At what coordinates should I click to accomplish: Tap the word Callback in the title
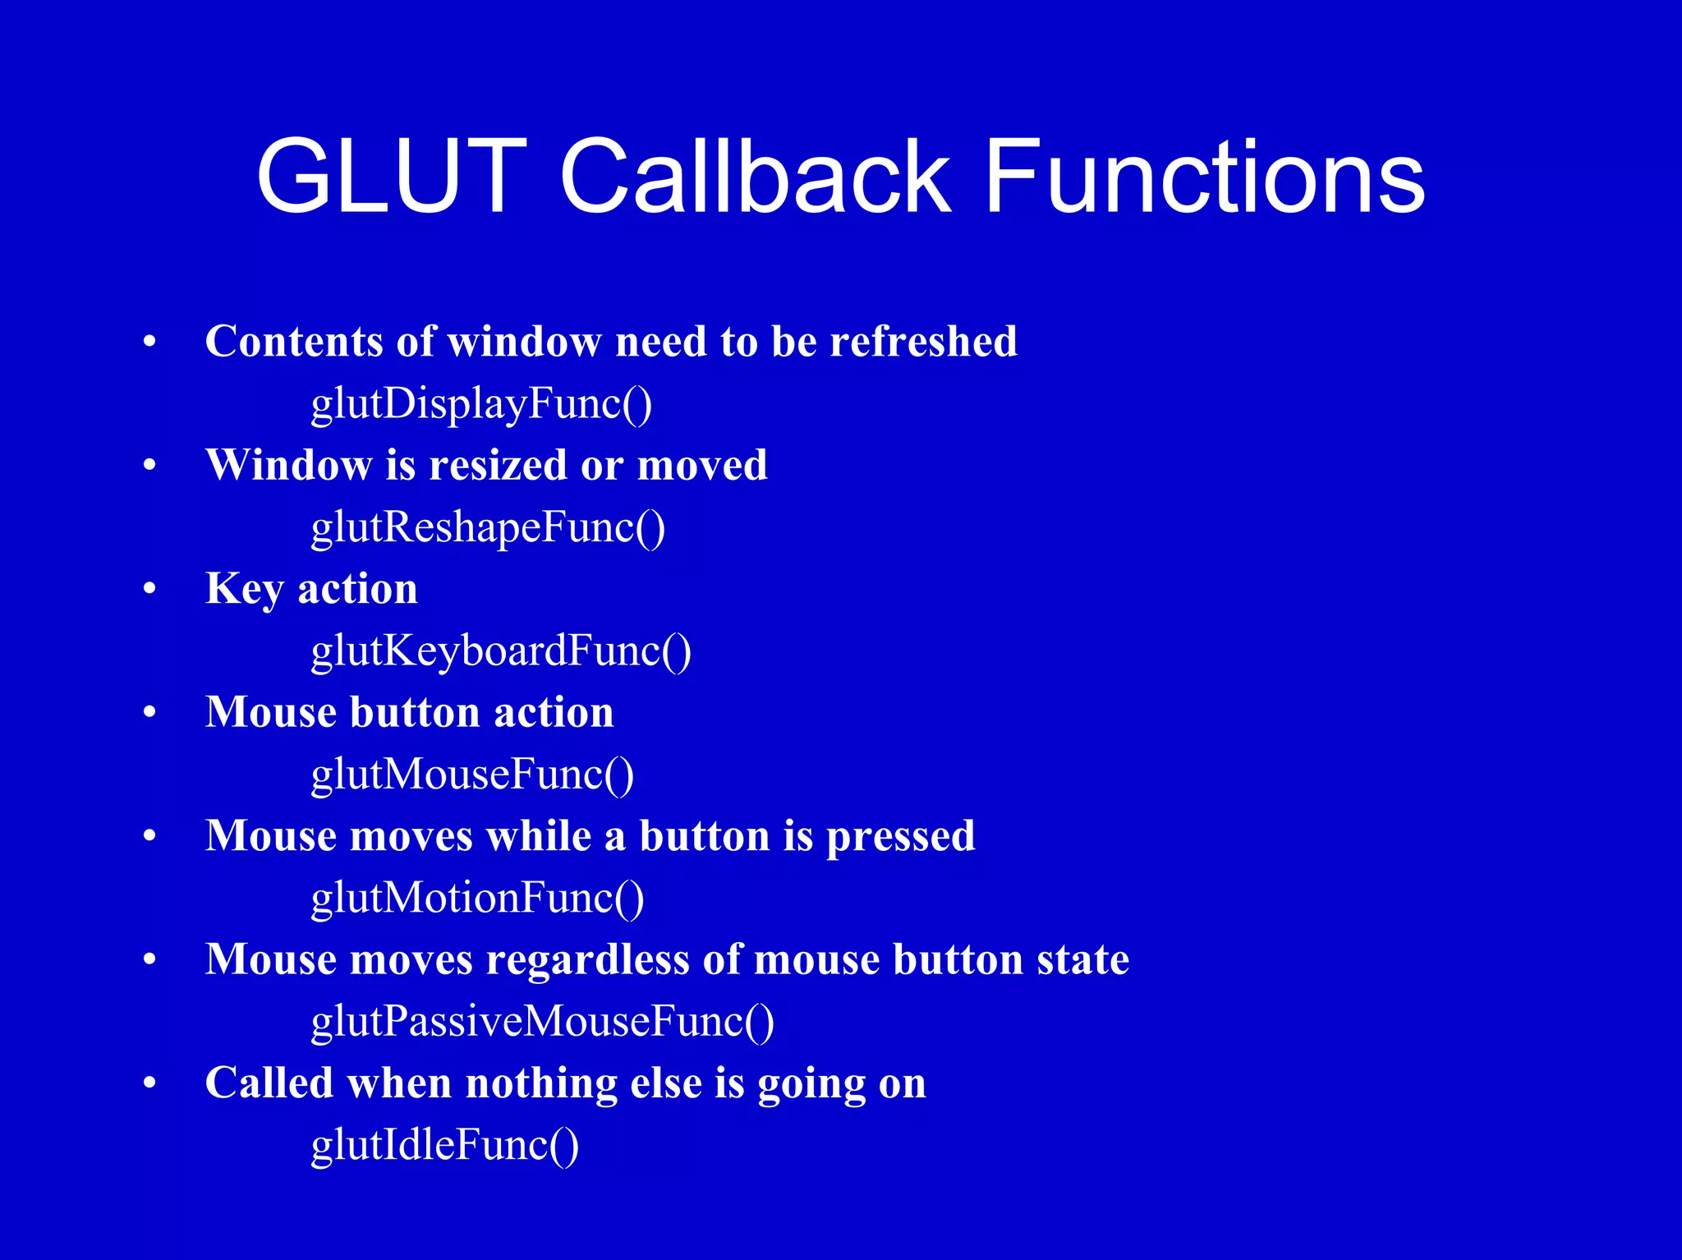coord(754,177)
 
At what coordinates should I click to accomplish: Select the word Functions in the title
coord(1204,177)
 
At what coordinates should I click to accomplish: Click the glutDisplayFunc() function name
coord(481,404)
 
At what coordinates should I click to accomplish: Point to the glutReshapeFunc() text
coord(488,527)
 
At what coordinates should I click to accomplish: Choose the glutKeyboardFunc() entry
coord(501,651)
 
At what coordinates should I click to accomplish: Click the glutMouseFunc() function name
coord(472,775)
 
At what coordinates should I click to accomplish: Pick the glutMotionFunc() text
coord(477,898)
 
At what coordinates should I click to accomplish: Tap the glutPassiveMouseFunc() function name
coord(542,1022)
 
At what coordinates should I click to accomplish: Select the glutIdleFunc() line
coord(444,1145)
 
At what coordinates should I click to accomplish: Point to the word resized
coord(498,465)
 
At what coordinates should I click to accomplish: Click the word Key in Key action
coord(244,589)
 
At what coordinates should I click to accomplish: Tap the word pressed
coord(900,836)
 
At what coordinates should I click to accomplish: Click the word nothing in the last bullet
coord(540,1083)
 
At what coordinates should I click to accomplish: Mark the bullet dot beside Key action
coord(149,589)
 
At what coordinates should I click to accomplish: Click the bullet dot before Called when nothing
coord(149,1083)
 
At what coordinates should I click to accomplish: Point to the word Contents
coord(293,341)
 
